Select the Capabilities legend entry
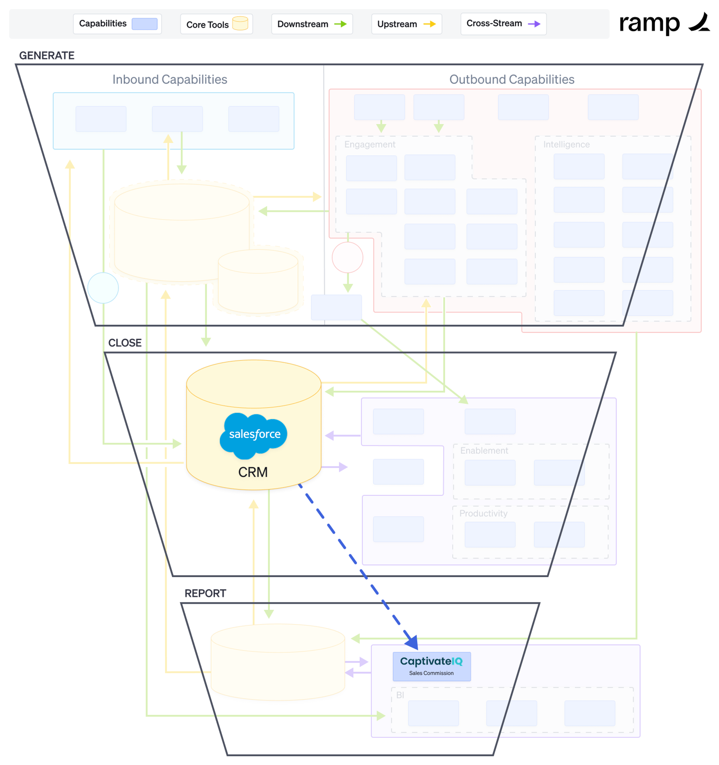pyautogui.click(x=117, y=24)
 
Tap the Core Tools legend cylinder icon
pyautogui.click(x=240, y=23)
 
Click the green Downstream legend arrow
pyautogui.click(x=340, y=24)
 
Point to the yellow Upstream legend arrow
pyautogui.click(x=429, y=24)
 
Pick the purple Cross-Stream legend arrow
pyautogui.click(x=534, y=24)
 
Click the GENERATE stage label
pyautogui.click(x=47, y=55)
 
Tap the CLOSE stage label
pyautogui.click(x=125, y=343)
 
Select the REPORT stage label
pyautogui.click(x=205, y=593)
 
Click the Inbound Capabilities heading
pyautogui.click(x=169, y=79)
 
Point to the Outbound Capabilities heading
pyautogui.click(x=512, y=79)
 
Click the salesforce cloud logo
pyautogui.click(x=253, y=435)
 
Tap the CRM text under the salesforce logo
pyautogui.click(x=253, y=472)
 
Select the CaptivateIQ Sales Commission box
pyautogui.click(x=431, y=666)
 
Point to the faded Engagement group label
pyautogui.click(x=369, y=144)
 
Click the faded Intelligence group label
pyautogui.click(x=566, y=144)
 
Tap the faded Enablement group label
pyautogui.click(x=484, y=450)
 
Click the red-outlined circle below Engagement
pyautogui.click(x=347, y=257)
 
